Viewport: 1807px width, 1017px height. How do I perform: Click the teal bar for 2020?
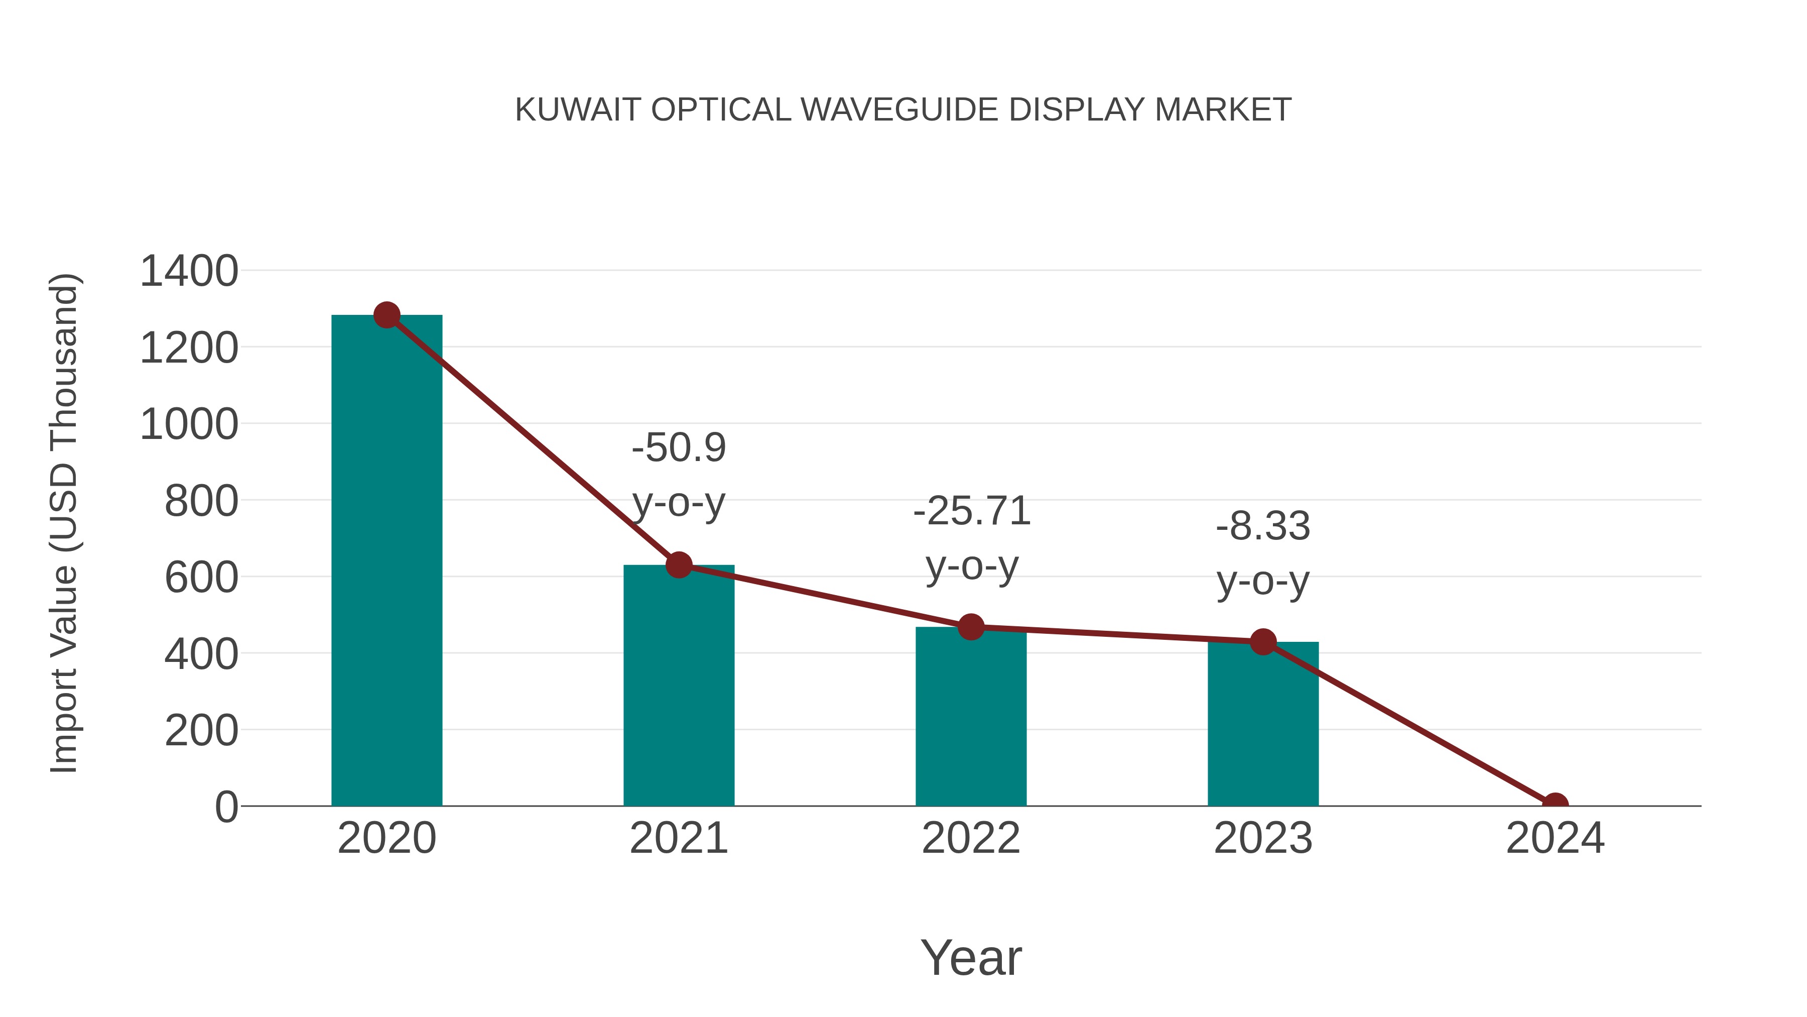(386, 561)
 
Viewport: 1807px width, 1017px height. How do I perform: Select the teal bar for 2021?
(678, 688)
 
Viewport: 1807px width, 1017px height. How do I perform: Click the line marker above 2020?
(386, 315)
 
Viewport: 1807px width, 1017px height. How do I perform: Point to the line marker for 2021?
(678, 564)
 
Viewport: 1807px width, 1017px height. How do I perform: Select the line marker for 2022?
(971, 627)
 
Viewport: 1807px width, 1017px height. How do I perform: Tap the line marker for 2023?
(1263, 641)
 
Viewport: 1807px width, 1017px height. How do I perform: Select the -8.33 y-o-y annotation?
(1263, 554)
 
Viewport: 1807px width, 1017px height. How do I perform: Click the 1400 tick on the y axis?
(189, 272)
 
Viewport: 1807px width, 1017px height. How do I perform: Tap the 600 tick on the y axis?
(201, 579)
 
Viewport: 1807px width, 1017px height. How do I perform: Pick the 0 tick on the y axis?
(226, 807)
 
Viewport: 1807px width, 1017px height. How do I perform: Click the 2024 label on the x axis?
(1555, 839)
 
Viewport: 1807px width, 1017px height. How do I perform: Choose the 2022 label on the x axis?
(971, 839)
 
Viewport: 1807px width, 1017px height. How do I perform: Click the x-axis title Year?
(971, 958)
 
